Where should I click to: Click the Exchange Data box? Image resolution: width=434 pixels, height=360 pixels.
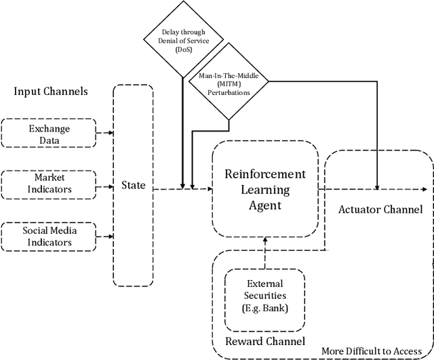49,134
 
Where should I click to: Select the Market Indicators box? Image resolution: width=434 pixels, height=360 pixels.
49,184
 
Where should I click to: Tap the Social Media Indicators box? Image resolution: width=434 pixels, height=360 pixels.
49,235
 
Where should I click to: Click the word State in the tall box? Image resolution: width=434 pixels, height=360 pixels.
133,185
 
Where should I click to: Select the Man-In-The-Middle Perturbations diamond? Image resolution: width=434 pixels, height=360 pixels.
228,83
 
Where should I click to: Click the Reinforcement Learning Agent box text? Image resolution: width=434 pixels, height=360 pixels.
265,188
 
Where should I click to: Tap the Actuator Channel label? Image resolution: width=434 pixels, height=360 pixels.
380,209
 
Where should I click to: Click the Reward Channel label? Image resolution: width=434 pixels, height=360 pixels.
266,341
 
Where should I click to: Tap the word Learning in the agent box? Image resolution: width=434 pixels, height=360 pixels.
265,188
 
